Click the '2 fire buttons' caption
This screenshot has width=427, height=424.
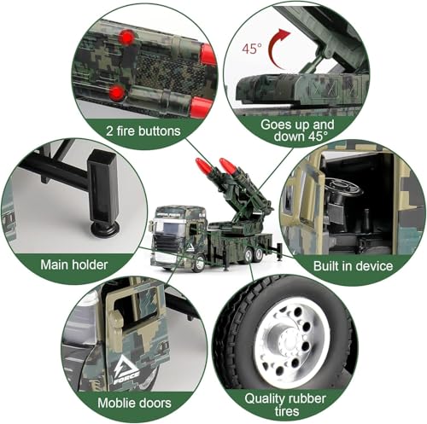[x=143, y=131]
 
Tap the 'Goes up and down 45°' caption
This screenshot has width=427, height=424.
[x=297, y=131]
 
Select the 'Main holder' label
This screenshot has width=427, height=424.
[x=74, y=264]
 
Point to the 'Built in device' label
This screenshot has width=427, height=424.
[x=353, y=266]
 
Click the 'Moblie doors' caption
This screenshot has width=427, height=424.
[x=134, y=403]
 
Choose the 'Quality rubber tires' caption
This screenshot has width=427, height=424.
[x=285, y=405]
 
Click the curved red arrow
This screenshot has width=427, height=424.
[x=279, y=49]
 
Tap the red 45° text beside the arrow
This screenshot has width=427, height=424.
[x=252, y=49]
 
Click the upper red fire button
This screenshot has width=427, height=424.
[x=127, y=38]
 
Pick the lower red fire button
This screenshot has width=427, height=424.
[x=117, y=93]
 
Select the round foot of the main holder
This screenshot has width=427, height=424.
[x=104, y=229]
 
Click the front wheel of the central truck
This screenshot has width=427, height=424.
[x=198, y=264]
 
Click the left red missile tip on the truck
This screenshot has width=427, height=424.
[x=202, y=165]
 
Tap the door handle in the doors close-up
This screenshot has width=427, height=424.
[x=116, y=320]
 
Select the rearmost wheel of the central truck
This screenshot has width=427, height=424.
[x=259, y=255]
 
